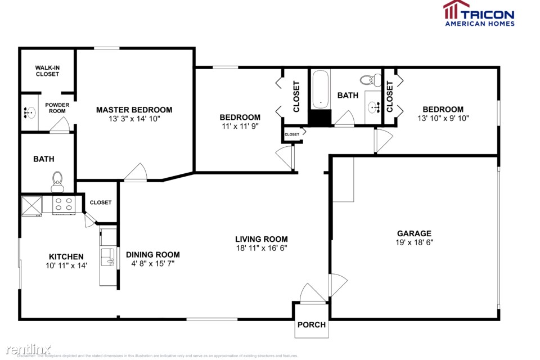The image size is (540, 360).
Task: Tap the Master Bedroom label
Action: (x=134, y=110)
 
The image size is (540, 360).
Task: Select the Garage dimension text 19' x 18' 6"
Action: (x=414, y=242)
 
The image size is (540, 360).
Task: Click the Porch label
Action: (x=311, y=325)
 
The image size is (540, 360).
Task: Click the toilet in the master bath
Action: (x=57, y=179)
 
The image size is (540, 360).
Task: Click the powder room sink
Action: (x=28, y=112)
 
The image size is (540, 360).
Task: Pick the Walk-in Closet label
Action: (x=47, y=70)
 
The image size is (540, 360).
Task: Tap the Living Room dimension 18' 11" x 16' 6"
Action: (x=262, y=247)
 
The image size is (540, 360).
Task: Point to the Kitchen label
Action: (x=66, y=256)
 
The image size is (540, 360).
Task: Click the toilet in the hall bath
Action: (x=370, y=80)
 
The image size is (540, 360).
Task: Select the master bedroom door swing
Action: (x=135, y=173)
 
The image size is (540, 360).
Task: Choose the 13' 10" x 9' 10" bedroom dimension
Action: (x=443, y=118)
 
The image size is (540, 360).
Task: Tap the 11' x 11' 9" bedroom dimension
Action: (x=240, y=126)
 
